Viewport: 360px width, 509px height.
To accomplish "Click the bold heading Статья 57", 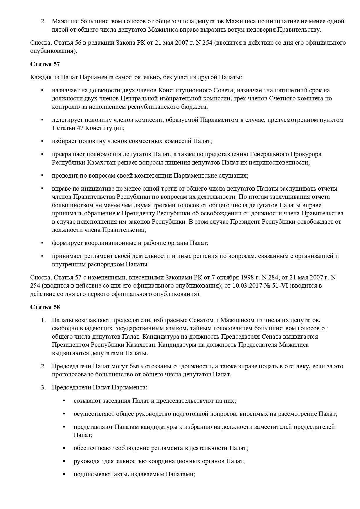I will point(45,64).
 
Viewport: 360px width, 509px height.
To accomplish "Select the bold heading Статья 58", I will point(45,307).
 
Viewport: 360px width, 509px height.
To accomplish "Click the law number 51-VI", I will point(281,286).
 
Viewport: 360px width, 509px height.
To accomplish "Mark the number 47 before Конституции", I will point(80,128).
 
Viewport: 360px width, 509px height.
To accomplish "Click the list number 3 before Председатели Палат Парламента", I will point(43,387).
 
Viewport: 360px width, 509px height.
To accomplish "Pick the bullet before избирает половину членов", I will point(42,141).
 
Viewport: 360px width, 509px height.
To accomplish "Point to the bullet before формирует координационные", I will point(42,243).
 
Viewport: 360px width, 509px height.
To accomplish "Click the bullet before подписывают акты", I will point(64,474).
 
